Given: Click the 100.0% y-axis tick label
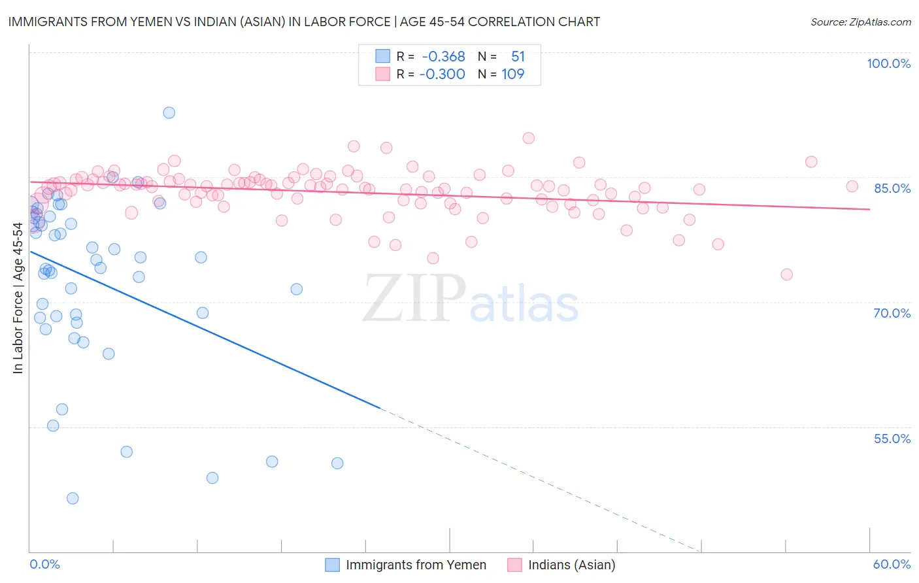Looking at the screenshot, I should click(x=888, y=63).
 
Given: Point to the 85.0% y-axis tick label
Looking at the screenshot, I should click(x=892, y=188).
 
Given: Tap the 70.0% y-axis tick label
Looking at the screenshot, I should click(x=892, y=313).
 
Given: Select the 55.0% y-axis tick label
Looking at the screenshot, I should click(x=892, y=439).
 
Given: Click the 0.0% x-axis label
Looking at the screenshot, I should click(x=44, y=564).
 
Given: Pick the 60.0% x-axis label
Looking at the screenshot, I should click(x=892, y=564).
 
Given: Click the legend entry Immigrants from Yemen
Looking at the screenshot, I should click(x=416, y=565).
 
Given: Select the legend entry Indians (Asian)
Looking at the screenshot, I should click(x=571, y=565).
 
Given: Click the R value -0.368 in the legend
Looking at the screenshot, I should click(x=443, y=56).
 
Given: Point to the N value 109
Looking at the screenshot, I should click(x=513, y=74).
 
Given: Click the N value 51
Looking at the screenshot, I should click(x=518, y=56).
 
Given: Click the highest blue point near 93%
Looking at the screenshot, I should click(x=169, y=112).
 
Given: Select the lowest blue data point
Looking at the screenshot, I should click(x=73, y=498).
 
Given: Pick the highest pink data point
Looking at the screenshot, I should click(x=529, y=138).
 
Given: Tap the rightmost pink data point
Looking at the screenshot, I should click(x=852, y=186).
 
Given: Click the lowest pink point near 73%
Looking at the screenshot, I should click(x=786, y=275).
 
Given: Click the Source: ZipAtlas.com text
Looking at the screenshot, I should click(x=860, y=22).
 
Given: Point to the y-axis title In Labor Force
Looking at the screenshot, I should click(x=18, y=298).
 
